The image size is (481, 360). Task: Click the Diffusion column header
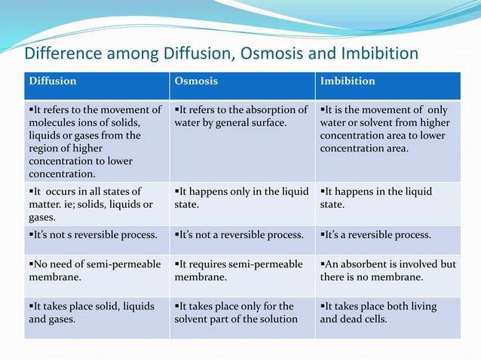[52, 81]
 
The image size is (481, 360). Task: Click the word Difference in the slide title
[61, 54]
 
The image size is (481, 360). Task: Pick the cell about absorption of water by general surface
[240, 116]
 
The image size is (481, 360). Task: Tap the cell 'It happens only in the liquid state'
[240, 197]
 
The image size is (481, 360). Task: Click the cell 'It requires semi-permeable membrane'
[240, 270]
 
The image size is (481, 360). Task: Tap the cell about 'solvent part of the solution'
[240, 313]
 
